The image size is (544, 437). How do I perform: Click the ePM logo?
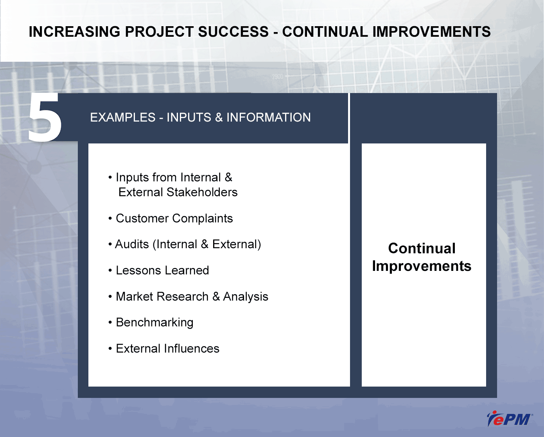point(510,419)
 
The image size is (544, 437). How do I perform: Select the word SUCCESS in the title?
point(233,32)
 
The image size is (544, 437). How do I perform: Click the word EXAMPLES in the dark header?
point(122,117)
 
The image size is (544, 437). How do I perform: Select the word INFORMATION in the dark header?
point(268,117)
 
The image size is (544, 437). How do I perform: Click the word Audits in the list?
point(132,244)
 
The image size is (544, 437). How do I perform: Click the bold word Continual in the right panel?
point(422,248)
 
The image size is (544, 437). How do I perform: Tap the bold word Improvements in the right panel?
point(422,266)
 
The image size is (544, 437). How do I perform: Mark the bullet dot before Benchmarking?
point(110,323)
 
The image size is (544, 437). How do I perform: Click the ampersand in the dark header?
point(219,117)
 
